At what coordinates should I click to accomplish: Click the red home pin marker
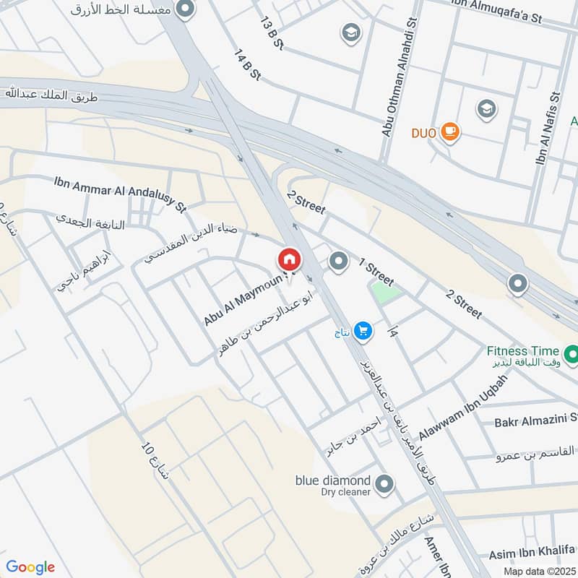(289, 259)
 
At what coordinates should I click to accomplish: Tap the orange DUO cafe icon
(450, 131)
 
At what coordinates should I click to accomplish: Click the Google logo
(30, 567)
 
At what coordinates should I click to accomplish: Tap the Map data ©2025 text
(538, 571)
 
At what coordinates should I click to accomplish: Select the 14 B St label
(246, 65)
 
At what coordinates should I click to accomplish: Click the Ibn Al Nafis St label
(547, 128)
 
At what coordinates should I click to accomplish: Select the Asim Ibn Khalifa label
(528, 554)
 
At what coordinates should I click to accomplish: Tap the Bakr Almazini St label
(535, 420)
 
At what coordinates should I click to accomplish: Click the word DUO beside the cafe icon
(424, 133)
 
